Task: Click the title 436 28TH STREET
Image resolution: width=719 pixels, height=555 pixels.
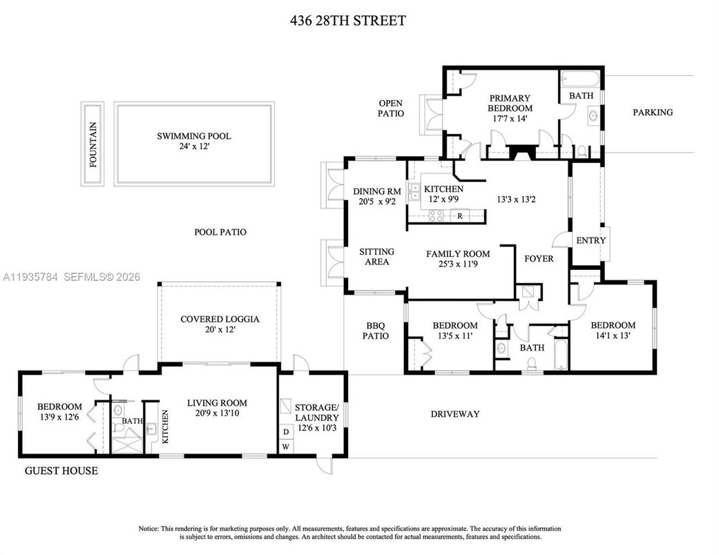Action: pos(347,21)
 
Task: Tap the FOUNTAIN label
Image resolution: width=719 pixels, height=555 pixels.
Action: pos(93,144)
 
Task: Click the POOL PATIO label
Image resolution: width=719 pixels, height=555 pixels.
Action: pos(220,233)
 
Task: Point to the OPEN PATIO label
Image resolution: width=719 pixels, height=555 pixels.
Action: pos(390,108)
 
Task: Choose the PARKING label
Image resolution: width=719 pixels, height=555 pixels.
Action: pos(653,113)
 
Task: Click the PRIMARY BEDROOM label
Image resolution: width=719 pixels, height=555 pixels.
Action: pos(510,103)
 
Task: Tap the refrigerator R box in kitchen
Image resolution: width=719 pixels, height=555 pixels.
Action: pos(460,216)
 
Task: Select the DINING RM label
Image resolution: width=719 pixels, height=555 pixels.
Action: pos(376,191)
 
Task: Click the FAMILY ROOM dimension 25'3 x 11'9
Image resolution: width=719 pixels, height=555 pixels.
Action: pos(458,264)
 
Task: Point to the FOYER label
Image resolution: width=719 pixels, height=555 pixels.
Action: pos(539,259)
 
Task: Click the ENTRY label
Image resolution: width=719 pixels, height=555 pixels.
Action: pos(591,240)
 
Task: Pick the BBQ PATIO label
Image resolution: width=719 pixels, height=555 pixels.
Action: pos(377,331)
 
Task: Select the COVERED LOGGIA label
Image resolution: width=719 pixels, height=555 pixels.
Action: pos(220,319)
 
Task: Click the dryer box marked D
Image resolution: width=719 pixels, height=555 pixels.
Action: pos(286,432)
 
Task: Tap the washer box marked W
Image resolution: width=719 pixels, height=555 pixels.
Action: pos(286,447)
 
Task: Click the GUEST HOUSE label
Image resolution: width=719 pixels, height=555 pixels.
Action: pos(61,471)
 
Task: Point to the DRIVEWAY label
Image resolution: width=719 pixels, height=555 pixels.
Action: pos(454,414)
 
